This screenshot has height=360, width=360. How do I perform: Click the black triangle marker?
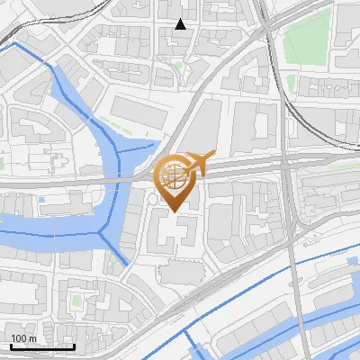coord(181,24)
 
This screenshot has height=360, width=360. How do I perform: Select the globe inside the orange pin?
coord(174,176)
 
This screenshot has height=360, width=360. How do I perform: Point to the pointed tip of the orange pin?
coord(175,211)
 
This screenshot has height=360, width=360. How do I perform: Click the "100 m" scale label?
coord(23,337)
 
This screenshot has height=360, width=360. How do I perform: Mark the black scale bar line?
coord(41,346)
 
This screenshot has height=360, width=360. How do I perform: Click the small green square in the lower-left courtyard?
coord(76,299)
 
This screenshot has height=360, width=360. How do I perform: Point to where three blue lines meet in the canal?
coord(102,229)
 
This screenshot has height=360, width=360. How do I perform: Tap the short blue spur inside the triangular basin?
coord(135,143)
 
